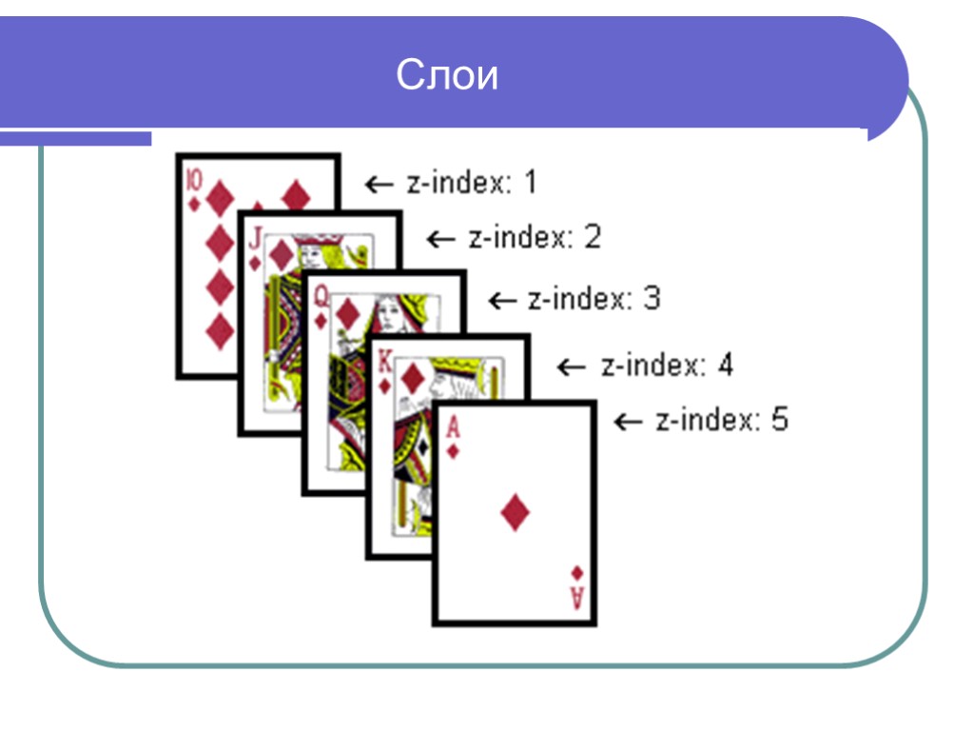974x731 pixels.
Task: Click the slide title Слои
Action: (447, 76)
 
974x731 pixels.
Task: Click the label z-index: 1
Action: (472, 182)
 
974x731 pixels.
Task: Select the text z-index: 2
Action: (535, 237)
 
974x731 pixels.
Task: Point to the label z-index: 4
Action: (667, 365)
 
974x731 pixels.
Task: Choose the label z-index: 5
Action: (722, 420)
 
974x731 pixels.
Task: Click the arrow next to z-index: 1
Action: (380, 183)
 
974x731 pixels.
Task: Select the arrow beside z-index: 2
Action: (440, 239)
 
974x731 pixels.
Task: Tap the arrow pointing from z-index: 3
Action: (501, 301)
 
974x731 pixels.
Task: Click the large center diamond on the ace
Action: (515, 512)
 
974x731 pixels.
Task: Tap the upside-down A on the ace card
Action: (576, 600)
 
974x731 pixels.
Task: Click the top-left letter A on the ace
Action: (454, 427)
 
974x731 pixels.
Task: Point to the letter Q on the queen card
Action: (321, 297)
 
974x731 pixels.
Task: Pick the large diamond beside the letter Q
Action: (348, 313)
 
